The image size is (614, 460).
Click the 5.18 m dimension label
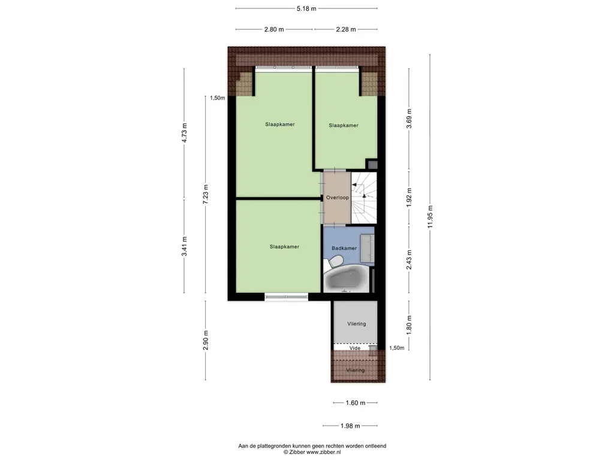coord(306,8)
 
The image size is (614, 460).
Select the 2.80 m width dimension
coord(274,29)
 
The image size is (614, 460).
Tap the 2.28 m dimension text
coord(346,29)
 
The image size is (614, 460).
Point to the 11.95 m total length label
coord(430,217)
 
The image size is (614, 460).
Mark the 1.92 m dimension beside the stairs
coord(409,198)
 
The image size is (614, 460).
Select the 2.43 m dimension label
coord(409,260)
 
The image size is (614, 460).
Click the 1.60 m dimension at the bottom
coord(356,403)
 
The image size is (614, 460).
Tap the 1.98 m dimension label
coord(350,426)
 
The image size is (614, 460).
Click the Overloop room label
coord(338,198)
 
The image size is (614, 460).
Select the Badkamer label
coord(344,248)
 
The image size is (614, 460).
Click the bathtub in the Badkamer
coord(346,279)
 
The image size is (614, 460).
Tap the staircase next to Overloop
coord(364,198)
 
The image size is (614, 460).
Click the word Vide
coord(355,348)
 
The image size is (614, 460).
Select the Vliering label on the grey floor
coord(357,324)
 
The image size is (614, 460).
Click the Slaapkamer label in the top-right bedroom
coord(344,126)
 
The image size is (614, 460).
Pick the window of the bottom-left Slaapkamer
coord(286,297)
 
